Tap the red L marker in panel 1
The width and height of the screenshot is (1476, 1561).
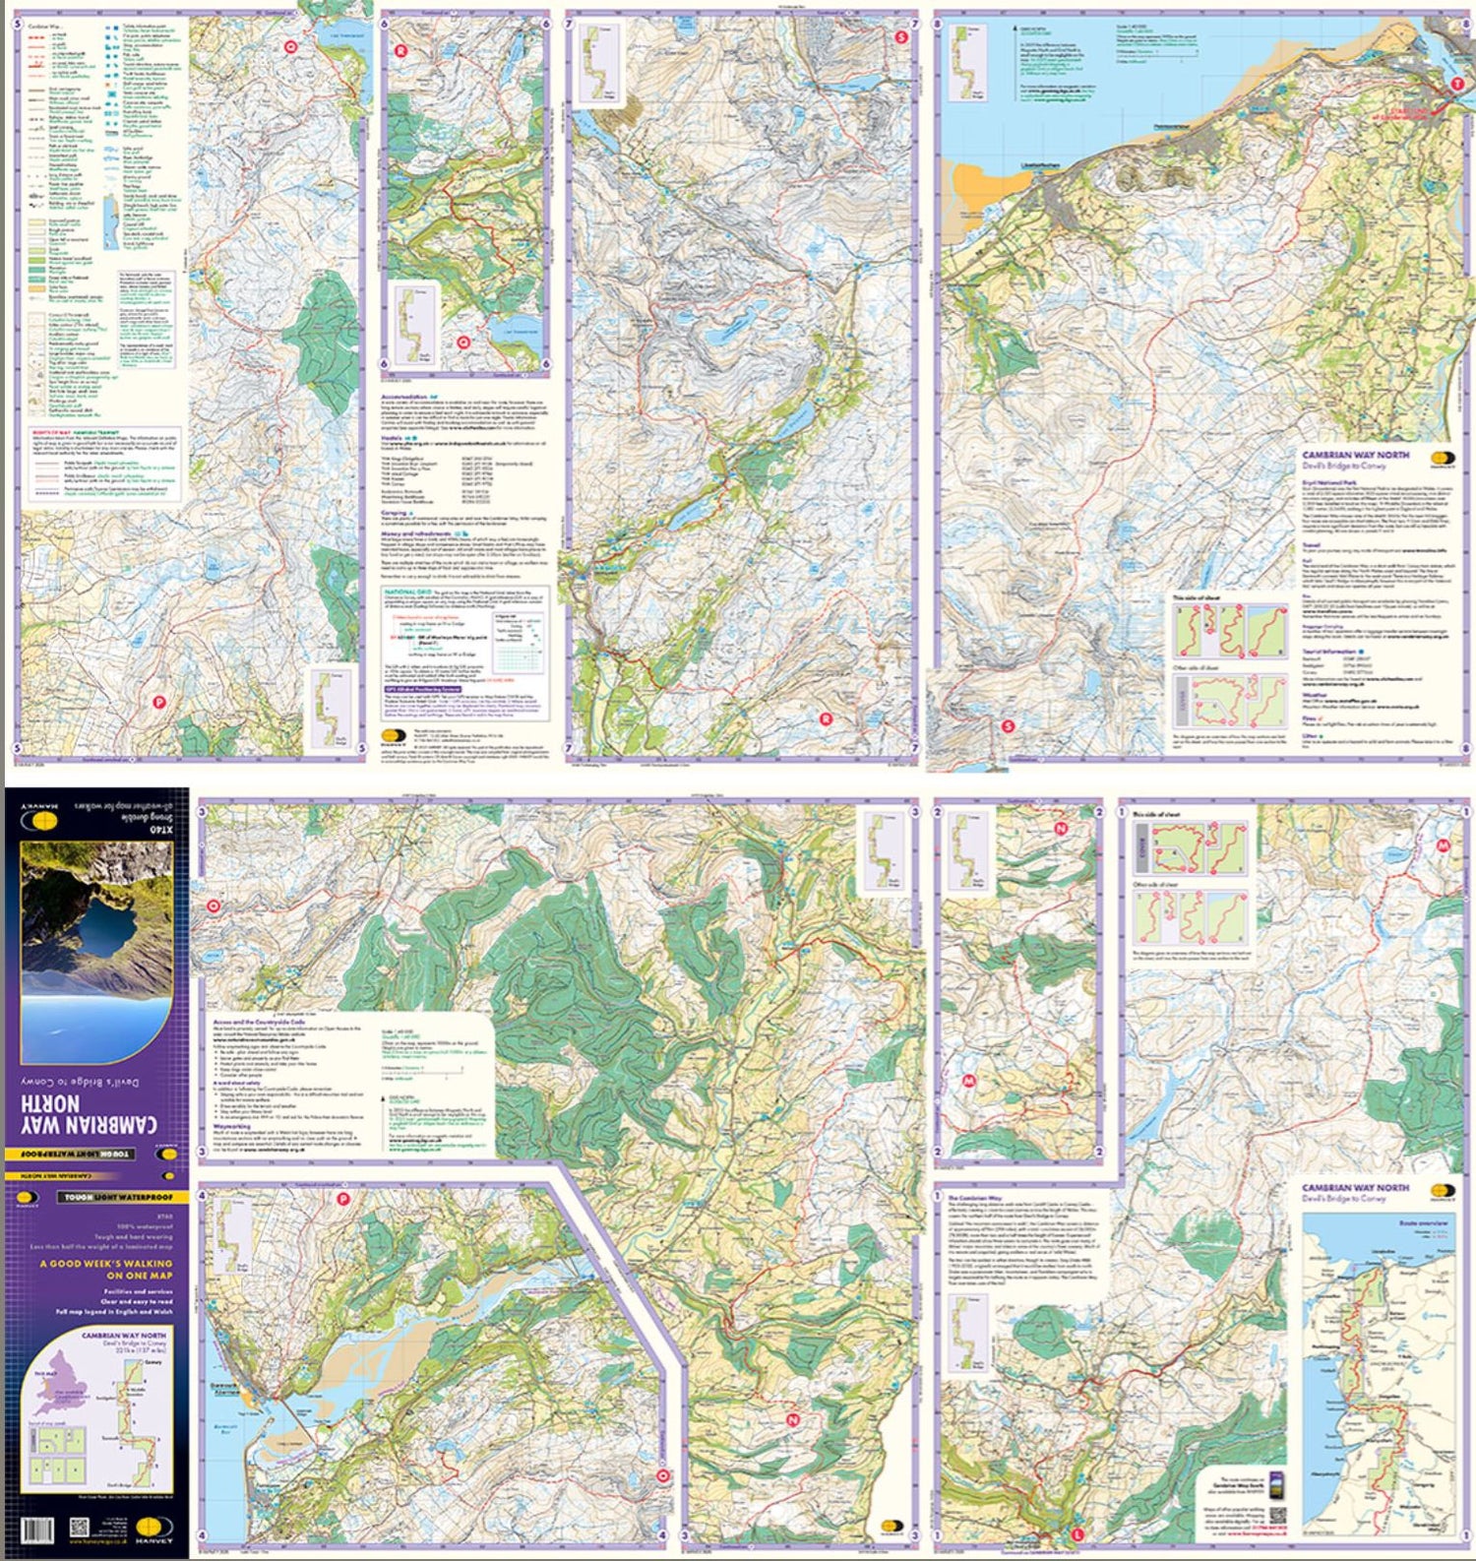point(1077,1533)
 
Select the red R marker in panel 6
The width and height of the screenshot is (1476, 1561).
point(400,49)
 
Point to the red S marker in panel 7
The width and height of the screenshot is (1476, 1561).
point(901,37)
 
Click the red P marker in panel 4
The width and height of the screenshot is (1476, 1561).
point(343,1199)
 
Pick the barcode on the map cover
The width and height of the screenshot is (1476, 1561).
point(37,1530)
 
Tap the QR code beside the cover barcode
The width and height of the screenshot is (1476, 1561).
point(80,1530)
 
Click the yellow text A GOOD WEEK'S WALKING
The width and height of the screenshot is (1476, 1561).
point(105,1263)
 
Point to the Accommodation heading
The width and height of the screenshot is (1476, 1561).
point(407,398)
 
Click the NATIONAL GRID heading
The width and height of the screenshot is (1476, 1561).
point(405,593)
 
